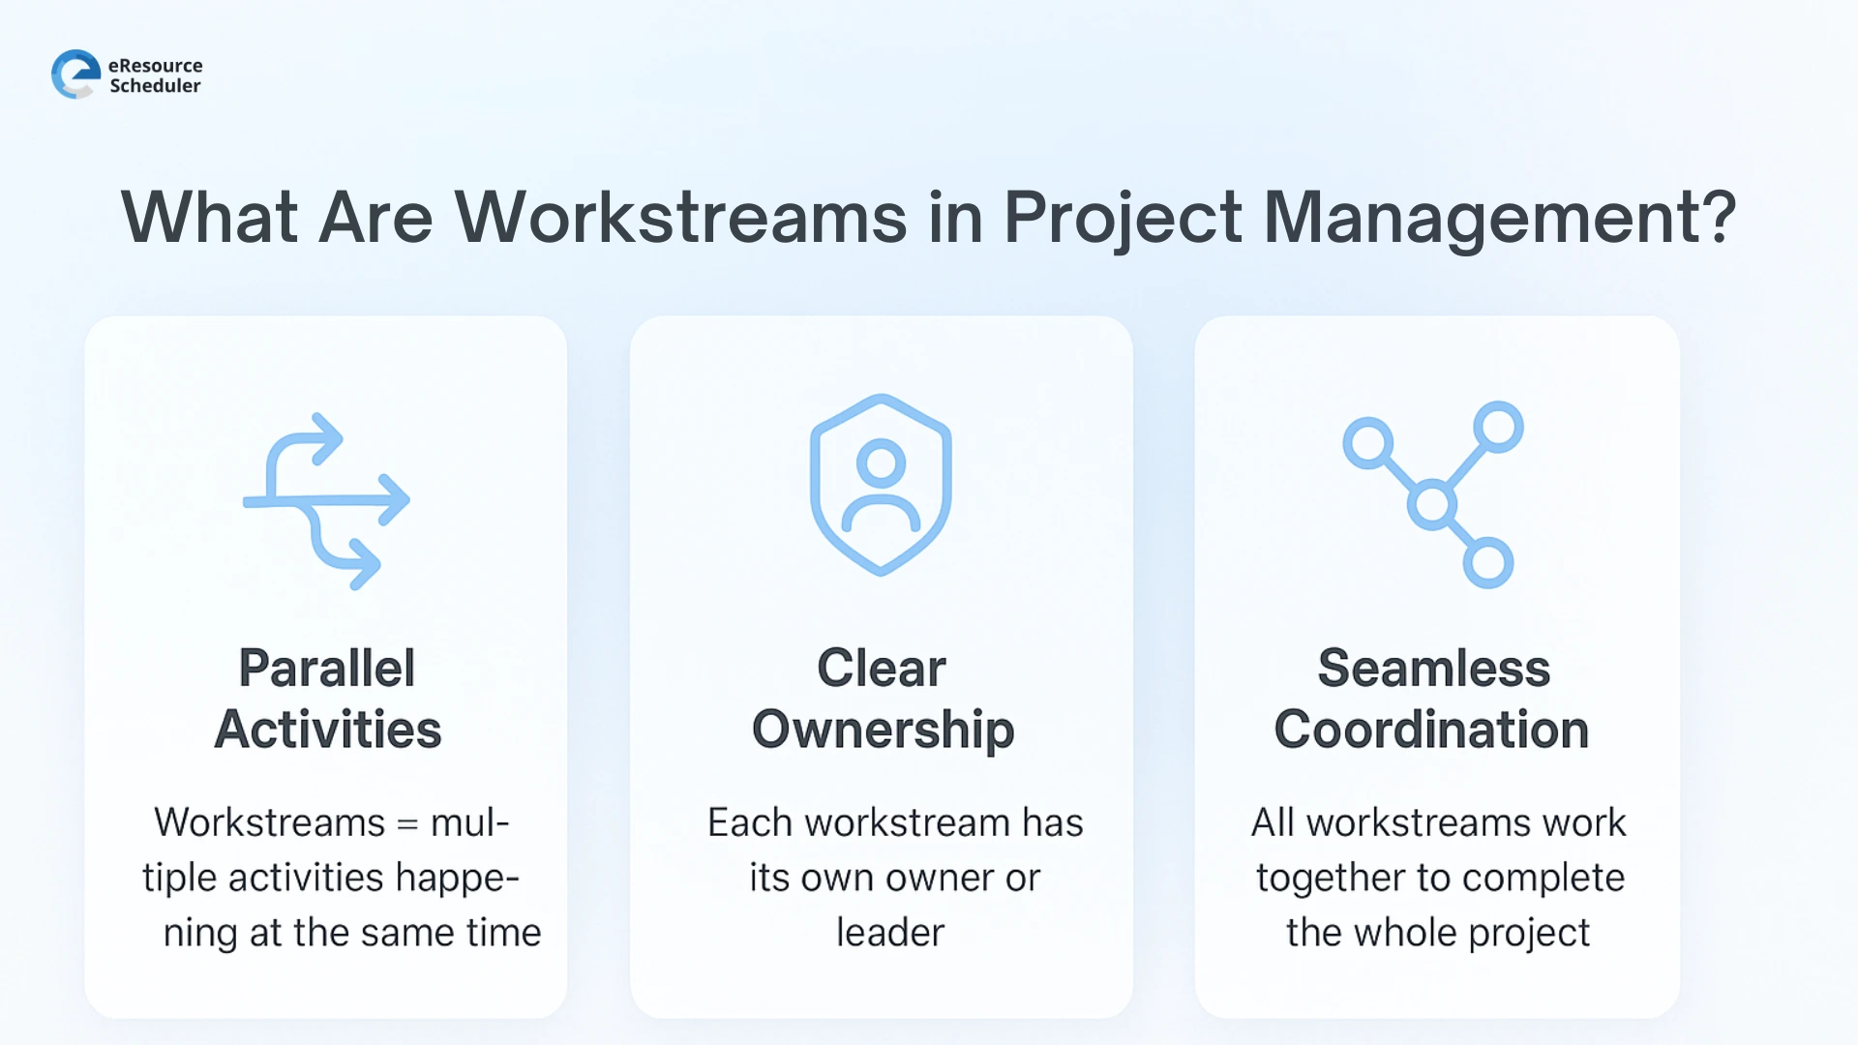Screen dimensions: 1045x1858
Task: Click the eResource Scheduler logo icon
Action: (75, 75)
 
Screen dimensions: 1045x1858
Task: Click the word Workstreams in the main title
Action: (680, 217)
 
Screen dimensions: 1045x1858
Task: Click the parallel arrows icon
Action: (326, 501)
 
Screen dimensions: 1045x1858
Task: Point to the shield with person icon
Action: (881, 485)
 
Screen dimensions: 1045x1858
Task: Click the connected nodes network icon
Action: (1433, 494)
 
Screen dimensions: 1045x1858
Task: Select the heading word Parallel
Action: (327, 668)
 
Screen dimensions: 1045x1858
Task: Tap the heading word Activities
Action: (328, 730)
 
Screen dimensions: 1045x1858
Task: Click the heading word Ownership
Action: (883, 731)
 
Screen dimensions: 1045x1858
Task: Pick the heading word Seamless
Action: (1433, 668)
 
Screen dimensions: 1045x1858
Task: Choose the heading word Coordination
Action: (1431, 730)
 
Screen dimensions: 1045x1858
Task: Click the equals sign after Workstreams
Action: (407, 824)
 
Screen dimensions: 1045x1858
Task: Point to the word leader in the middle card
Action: (890, 933)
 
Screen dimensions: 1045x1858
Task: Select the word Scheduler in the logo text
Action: (155, 86)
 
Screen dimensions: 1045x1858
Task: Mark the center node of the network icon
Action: (1432, 504)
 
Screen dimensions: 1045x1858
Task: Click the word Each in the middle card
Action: (750, 823)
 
